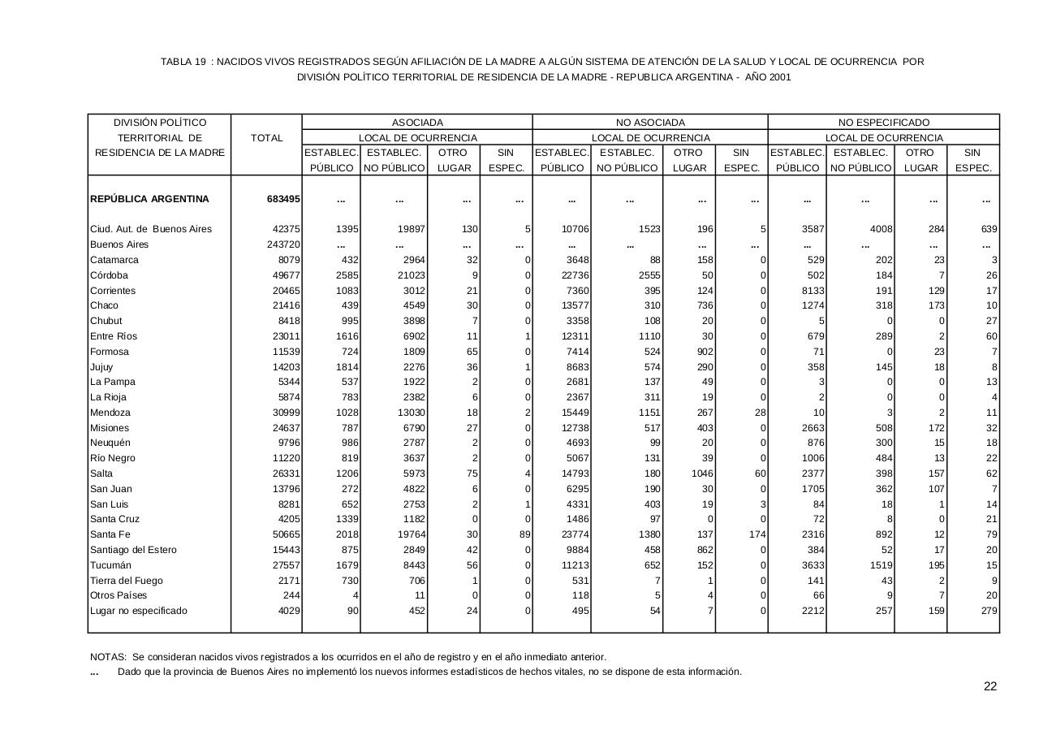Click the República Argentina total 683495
283,199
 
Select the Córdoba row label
110,275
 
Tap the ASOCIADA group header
417,123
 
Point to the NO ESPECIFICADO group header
883,123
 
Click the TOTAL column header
267,138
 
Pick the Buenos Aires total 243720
283,244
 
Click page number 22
989,686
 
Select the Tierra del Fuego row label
126,581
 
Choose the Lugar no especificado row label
138,611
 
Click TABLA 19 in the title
183,62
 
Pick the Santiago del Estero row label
135,550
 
